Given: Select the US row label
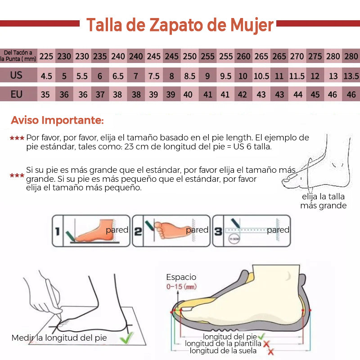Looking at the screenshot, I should [16, 75].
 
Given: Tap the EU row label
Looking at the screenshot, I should [16, 94].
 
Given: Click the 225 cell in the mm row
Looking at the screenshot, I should [46, 57].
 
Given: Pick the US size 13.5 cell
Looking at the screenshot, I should [351, 76].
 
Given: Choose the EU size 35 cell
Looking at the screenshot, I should [45, 95].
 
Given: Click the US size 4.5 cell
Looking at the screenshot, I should [46, 76].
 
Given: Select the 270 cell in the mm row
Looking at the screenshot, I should [297, 57].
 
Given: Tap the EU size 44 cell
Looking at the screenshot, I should [298, 95].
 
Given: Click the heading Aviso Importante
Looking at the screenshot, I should [58, 120].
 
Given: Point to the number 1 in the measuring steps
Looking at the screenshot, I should [58, 232].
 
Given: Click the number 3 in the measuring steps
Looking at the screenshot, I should [218, 232].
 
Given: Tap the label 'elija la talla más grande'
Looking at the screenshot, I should [323, 201].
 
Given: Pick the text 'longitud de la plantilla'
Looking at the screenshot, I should [223, 344].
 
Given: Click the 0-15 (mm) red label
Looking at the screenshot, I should [181, 286].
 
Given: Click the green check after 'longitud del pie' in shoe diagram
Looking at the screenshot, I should [261, 336].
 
